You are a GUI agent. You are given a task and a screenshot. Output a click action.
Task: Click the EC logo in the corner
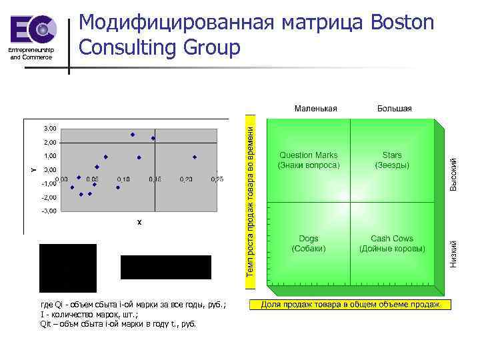coord(33,31)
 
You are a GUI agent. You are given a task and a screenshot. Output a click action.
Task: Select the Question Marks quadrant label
coord(308,159)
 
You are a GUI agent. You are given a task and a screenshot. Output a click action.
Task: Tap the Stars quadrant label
coord(392,159)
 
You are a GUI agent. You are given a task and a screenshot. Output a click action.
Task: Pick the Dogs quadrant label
coord(308,243)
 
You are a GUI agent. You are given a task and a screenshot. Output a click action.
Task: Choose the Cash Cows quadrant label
coord(392,243)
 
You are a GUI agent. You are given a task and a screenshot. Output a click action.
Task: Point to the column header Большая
coord(394,108)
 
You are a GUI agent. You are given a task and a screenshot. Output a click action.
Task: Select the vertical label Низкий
coord(453,254)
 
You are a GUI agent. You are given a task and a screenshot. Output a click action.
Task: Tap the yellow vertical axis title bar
coord(249,200)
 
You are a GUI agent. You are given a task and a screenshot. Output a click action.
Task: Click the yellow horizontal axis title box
coord(349,305)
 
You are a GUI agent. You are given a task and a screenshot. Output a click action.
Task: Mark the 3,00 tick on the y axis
coord(50,128)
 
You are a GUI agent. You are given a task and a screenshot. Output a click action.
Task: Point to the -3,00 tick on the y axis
coord(49,211)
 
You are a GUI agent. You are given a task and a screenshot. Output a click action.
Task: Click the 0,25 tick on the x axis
coord(216,179)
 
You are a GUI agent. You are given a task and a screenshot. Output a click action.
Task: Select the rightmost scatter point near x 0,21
coord(195,157)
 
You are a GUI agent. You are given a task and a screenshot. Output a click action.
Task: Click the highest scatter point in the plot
coord(133,135)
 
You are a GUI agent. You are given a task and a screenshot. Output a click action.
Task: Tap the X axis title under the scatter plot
coord(139,222)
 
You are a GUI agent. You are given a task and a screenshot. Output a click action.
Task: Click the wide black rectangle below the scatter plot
coord(165,267)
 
